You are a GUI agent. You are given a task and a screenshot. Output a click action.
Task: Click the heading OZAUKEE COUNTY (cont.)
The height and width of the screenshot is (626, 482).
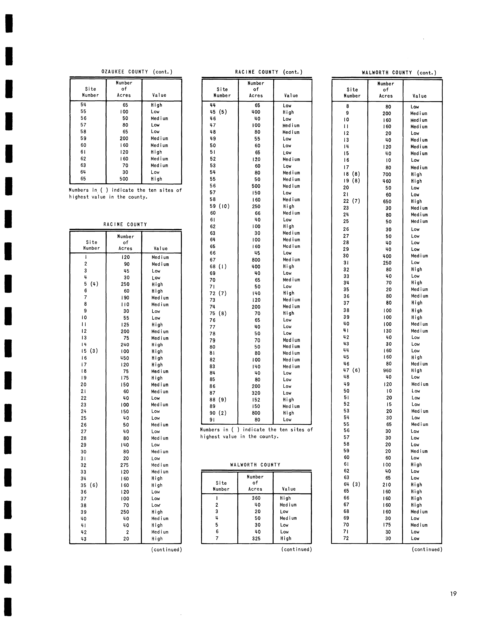tap(137, 72)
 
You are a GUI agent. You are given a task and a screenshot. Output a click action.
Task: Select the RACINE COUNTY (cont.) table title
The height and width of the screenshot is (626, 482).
tap(269, 72)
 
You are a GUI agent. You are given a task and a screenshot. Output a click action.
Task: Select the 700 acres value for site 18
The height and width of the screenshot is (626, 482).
tap(387, 174)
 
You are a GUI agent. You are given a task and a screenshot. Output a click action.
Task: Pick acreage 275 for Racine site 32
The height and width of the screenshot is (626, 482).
tap(124, 465)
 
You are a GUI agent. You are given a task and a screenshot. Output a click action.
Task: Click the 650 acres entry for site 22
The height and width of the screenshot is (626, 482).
tap(387, 201)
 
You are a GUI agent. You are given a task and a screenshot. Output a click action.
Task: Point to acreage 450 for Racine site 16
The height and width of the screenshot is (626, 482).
tap(125, 358)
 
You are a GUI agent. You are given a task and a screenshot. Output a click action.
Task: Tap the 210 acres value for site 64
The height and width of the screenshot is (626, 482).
tap(387, 484)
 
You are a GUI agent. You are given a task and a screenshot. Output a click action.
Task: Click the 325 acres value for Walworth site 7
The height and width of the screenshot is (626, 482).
tap(256, 538)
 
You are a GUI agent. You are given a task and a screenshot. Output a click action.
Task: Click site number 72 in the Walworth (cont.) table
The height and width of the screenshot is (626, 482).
tap(346, 538)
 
